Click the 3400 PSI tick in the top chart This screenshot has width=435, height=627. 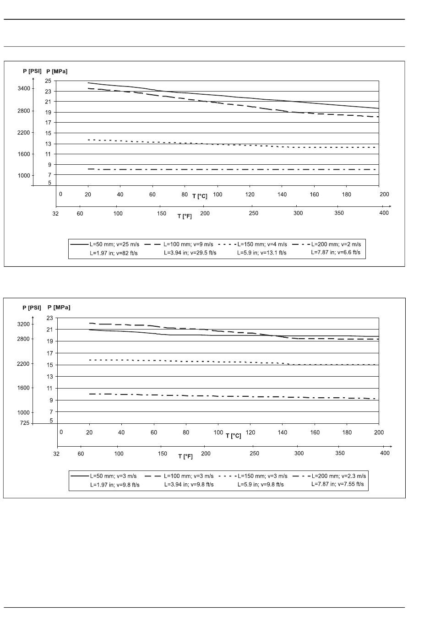(24, 88)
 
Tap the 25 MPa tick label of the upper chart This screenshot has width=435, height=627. (48, 81)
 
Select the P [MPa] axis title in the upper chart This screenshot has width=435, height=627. (57, 71)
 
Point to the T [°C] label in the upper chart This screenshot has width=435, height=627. (200, 196)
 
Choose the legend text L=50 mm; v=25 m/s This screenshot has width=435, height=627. (114, 244)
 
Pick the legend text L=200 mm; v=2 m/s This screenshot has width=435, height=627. (336, 244)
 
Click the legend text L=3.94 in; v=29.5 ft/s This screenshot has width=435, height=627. (190, 253)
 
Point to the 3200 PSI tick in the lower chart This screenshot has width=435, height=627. (23, 324)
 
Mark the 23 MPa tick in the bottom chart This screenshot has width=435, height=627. (49, 318)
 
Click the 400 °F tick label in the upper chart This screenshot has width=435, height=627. (384, 213)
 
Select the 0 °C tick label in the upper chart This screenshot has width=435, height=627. (60, 194)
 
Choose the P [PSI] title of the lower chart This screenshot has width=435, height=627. (32, 308)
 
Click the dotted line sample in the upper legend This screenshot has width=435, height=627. (227, 244)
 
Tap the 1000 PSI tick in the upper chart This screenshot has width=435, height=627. (23, 175)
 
